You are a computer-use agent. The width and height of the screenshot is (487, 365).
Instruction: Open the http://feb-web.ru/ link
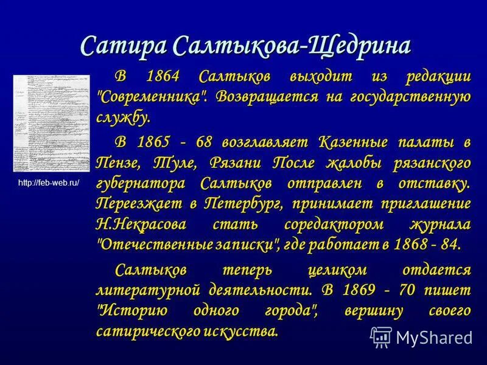coord(49,182)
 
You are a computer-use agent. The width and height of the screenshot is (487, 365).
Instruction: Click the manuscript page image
coord(46,123)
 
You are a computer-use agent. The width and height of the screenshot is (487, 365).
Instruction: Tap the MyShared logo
coord(421,336)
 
